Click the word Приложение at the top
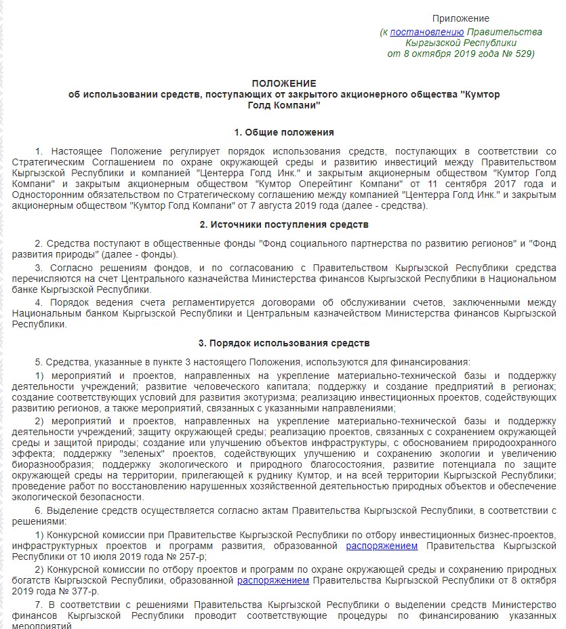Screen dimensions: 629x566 [x=460, y=18]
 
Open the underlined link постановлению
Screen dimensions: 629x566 [x=427, y=32]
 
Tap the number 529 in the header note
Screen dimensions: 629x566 [x=519, y=54]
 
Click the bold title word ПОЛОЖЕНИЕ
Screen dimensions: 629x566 [x=284, y=83]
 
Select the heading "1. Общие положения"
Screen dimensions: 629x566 [x=284, y=132]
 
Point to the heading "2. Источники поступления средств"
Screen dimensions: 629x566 [x=284, y=224]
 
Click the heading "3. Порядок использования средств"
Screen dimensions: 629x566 [x=284, y=344]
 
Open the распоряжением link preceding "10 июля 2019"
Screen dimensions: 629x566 [x=382, y=546]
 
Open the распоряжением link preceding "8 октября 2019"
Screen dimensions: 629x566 [x=272, y=581]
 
